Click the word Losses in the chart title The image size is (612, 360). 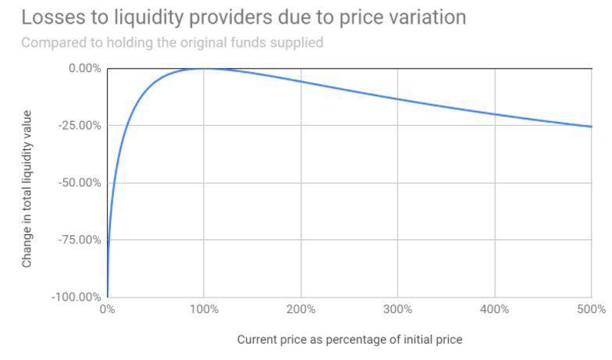49,16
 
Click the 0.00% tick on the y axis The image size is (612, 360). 85,68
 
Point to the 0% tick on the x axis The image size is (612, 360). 107,309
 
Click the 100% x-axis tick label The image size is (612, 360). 204,309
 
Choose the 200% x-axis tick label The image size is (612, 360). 301,309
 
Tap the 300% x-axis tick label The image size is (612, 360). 397,309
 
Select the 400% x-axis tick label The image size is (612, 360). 494,309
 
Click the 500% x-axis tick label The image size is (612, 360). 591,309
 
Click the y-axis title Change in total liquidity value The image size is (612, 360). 27,189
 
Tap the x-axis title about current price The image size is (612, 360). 349,340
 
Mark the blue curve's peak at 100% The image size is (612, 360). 204,69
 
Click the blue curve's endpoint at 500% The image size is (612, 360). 591,127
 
